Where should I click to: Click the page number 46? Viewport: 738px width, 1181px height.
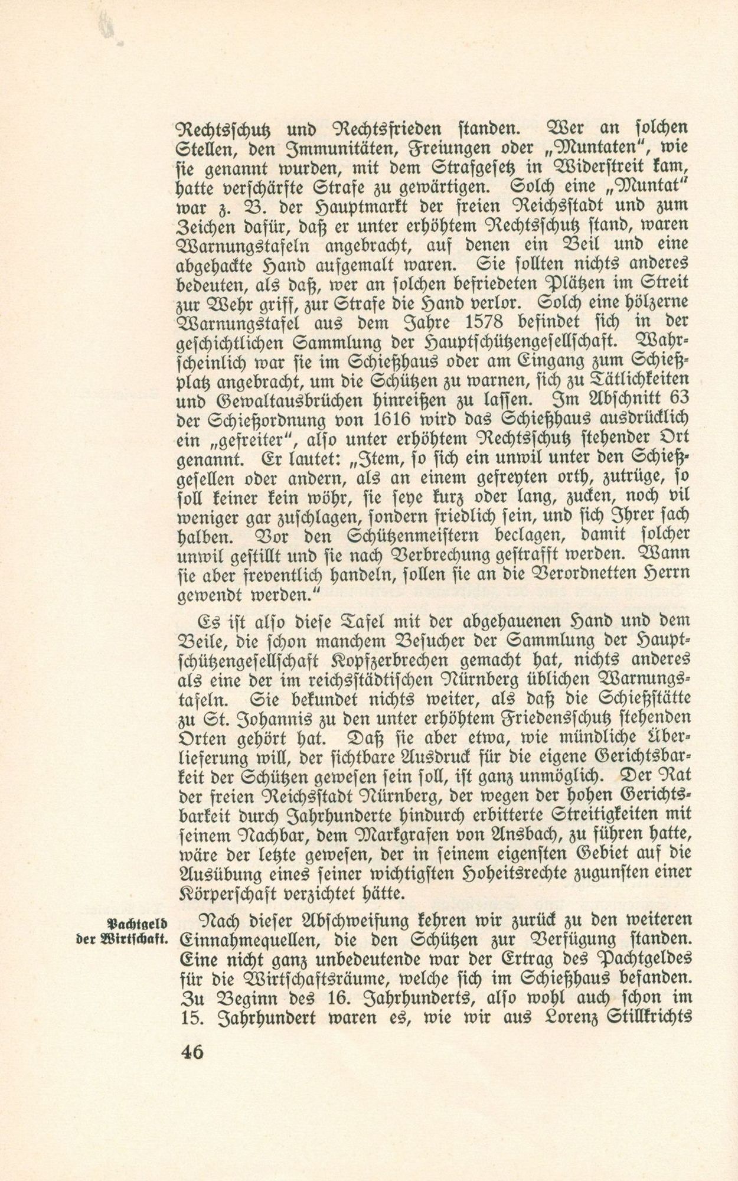tap(191, 1052)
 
